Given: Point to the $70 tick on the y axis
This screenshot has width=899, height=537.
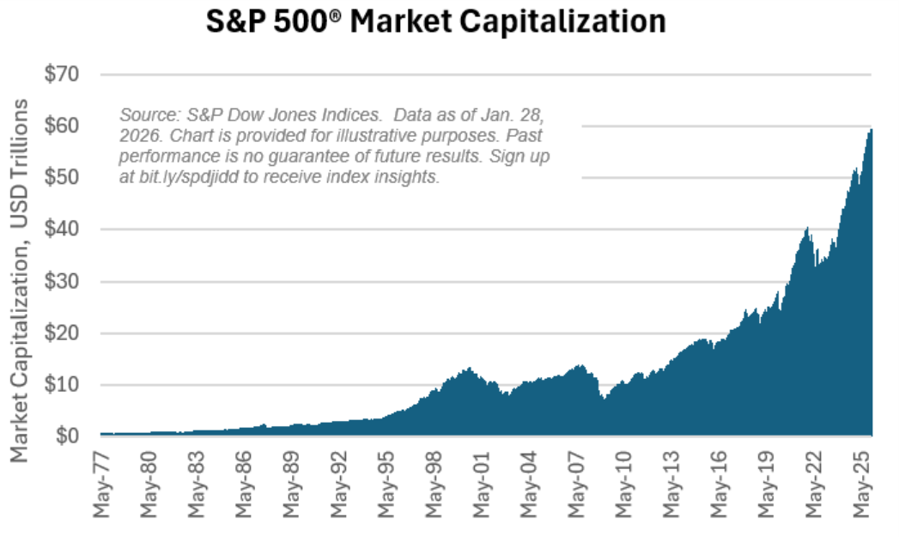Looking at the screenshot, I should [x=62, y=75].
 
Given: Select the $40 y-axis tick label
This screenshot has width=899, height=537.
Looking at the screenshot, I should [x=62, y=229].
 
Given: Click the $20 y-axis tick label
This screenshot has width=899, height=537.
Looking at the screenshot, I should [x=62, y=333].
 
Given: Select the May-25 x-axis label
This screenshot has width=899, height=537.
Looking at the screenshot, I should [x=862, y=481].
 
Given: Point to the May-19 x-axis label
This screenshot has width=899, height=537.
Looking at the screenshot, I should [x=768, y=481].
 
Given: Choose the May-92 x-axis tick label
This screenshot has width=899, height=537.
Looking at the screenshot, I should [x=341, y=481].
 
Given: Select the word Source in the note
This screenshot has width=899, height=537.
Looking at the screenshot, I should [x=143, y=114].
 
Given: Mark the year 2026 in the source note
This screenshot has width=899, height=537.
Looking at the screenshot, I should [x=137, y=136].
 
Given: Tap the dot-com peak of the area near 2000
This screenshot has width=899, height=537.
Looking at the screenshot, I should [x=468, y=369].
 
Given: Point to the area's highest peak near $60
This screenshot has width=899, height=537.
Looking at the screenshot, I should [x=870, y=130].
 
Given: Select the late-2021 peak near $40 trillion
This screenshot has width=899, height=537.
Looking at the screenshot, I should [x=807, y=228].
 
